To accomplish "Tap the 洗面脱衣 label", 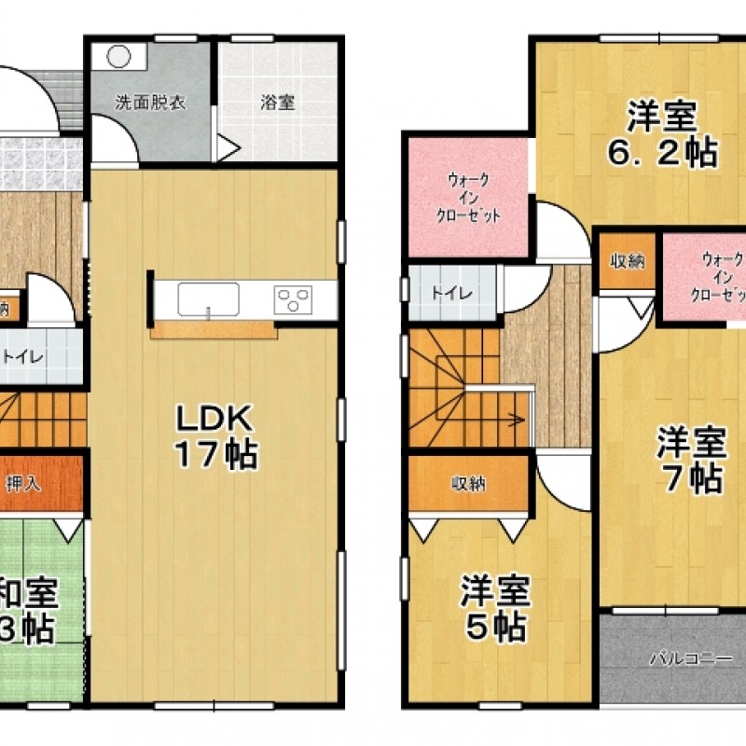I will click(150, 102).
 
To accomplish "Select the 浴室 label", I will click(277, 102).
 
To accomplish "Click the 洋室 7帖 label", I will click(690, 459).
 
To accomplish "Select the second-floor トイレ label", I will click(450, 292).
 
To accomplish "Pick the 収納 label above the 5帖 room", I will click(468, 483).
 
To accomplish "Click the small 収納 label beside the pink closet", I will click(628, 261).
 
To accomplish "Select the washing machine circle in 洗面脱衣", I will click(118, 56).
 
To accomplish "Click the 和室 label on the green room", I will click(28, 591).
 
